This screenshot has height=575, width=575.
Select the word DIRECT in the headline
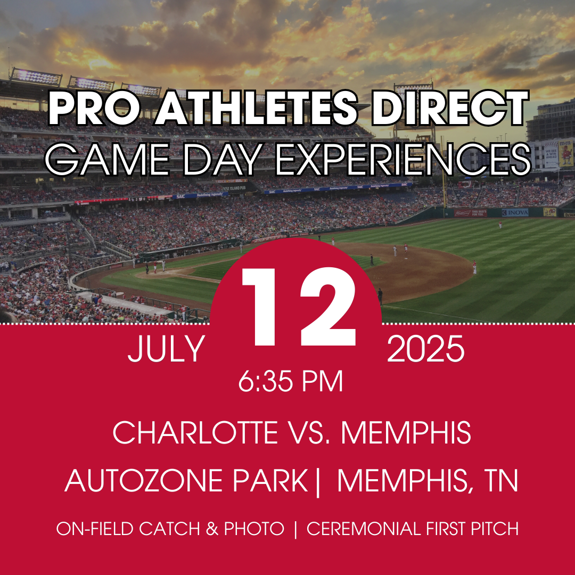coord(450,108)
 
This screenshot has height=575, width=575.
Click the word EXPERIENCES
coord(403,160)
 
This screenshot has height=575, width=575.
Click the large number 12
coord(299,307)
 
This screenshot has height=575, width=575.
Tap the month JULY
coord(166,349)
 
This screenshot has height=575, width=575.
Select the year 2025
coord(426,348)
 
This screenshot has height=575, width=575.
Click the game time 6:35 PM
coord(291,381)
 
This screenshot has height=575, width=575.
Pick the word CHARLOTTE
coord(195,432)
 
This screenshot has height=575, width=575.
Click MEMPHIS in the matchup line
coord(406,432)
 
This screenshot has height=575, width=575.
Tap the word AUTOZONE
coord(144,480)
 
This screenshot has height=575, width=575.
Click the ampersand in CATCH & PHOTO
coord(212,529)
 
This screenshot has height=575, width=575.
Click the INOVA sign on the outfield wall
coord(515,212)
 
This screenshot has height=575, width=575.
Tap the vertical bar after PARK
coord(317,482)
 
